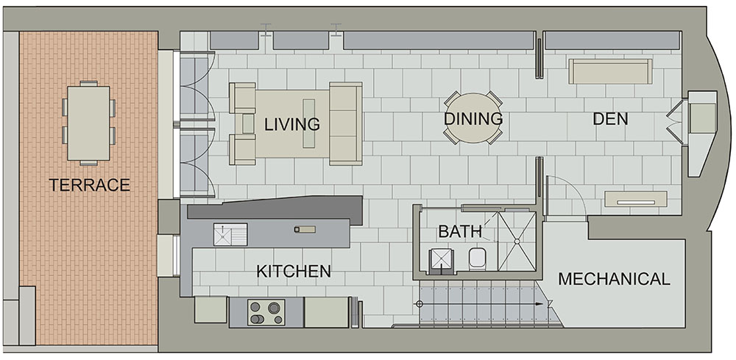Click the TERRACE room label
(89, 185)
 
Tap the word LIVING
(292, 124)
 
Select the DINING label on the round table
(473, 119)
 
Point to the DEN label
(610, 119)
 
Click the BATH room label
(460, 231)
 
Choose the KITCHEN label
(294, 271)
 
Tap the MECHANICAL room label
(614, 279)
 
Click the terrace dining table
(89, 123)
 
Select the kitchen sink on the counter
(230, 234)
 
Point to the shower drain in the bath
(517, 241)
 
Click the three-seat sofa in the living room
(345, 124)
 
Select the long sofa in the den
(610, 71)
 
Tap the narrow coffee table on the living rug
(309, 124)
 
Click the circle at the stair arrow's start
(420, 304)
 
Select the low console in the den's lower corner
(636, 199)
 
